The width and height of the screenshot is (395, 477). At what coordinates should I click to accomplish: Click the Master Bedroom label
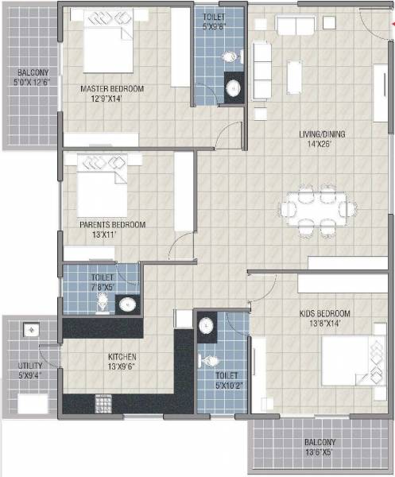pos(112,89)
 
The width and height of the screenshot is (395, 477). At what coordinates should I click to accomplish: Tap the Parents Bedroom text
pos(112,225)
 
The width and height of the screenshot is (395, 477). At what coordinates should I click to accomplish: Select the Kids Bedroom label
pos(325,313)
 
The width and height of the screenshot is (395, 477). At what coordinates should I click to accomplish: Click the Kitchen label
pos(123,357)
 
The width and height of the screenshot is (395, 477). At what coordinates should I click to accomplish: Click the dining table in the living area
pos(318,209)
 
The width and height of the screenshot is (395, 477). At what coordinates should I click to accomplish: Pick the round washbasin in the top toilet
pos(234,87)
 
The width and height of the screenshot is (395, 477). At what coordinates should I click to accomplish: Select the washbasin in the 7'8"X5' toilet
pos(126,303)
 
